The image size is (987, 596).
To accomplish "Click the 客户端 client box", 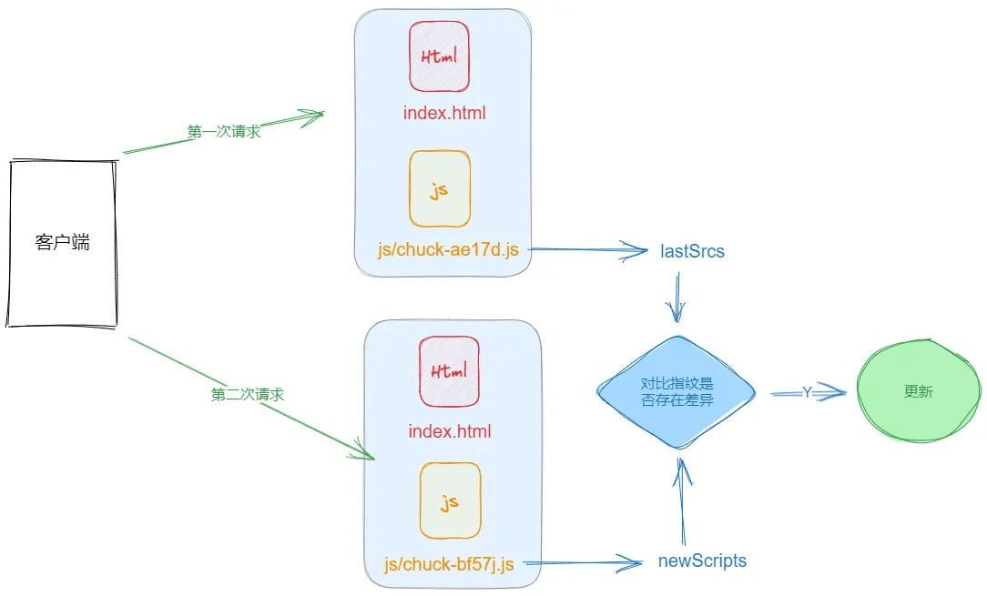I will click(63, 243).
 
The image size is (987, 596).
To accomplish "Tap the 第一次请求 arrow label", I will click(224, 132).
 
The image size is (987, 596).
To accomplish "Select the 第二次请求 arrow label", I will click(248, 395).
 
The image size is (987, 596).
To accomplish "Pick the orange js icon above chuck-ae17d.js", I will click(440, 189).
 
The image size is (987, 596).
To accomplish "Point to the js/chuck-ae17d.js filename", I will click(448, 248).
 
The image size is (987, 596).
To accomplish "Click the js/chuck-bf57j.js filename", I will click(450, 565).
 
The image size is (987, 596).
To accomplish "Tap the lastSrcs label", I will click(692, 251).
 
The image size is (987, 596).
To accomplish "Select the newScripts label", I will click(702, 561).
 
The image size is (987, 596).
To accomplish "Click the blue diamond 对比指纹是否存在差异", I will click(677, 392).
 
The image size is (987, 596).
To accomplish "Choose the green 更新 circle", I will click(919, 392).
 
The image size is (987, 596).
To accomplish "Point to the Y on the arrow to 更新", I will click(807, 392).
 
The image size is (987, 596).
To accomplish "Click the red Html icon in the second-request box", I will click(450, 371).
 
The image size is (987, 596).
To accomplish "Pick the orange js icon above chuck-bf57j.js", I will click(450, 500).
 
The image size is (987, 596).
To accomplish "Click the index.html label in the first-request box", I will click(444, 114).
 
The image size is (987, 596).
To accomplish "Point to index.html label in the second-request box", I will click(450, 431).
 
